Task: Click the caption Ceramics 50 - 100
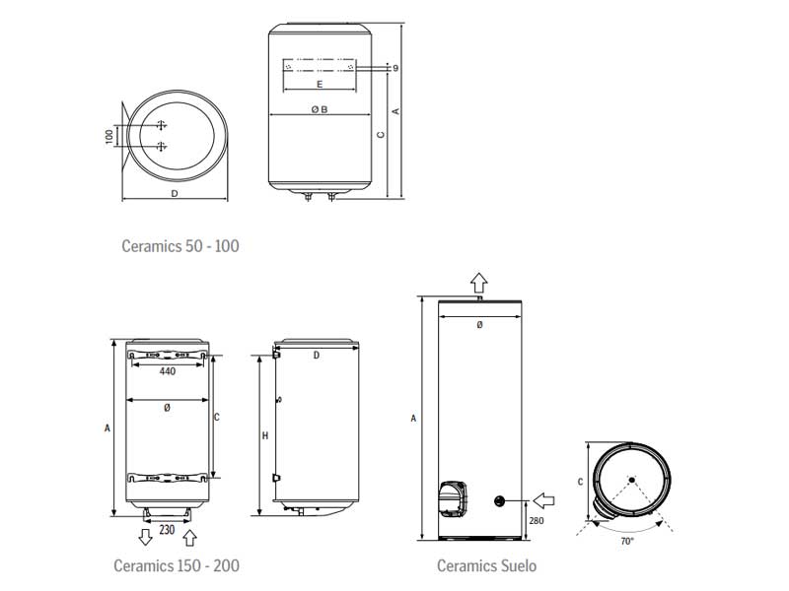(179, 245)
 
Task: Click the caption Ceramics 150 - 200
(176, 565)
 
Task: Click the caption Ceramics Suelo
(487, 565)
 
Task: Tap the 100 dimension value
(109, 136)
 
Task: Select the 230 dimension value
(168, 530)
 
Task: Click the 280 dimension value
(536, 520)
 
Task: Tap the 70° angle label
(628, 541)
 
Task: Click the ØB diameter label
(318, 109)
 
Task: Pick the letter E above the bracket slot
(319, 85)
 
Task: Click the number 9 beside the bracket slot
(394, 69)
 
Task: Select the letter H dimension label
(265, 435)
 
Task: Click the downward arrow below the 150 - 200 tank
(145, 537)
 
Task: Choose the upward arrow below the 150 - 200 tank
(190, 537)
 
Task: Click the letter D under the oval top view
(174, 193)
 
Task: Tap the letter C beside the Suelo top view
(580, 482)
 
